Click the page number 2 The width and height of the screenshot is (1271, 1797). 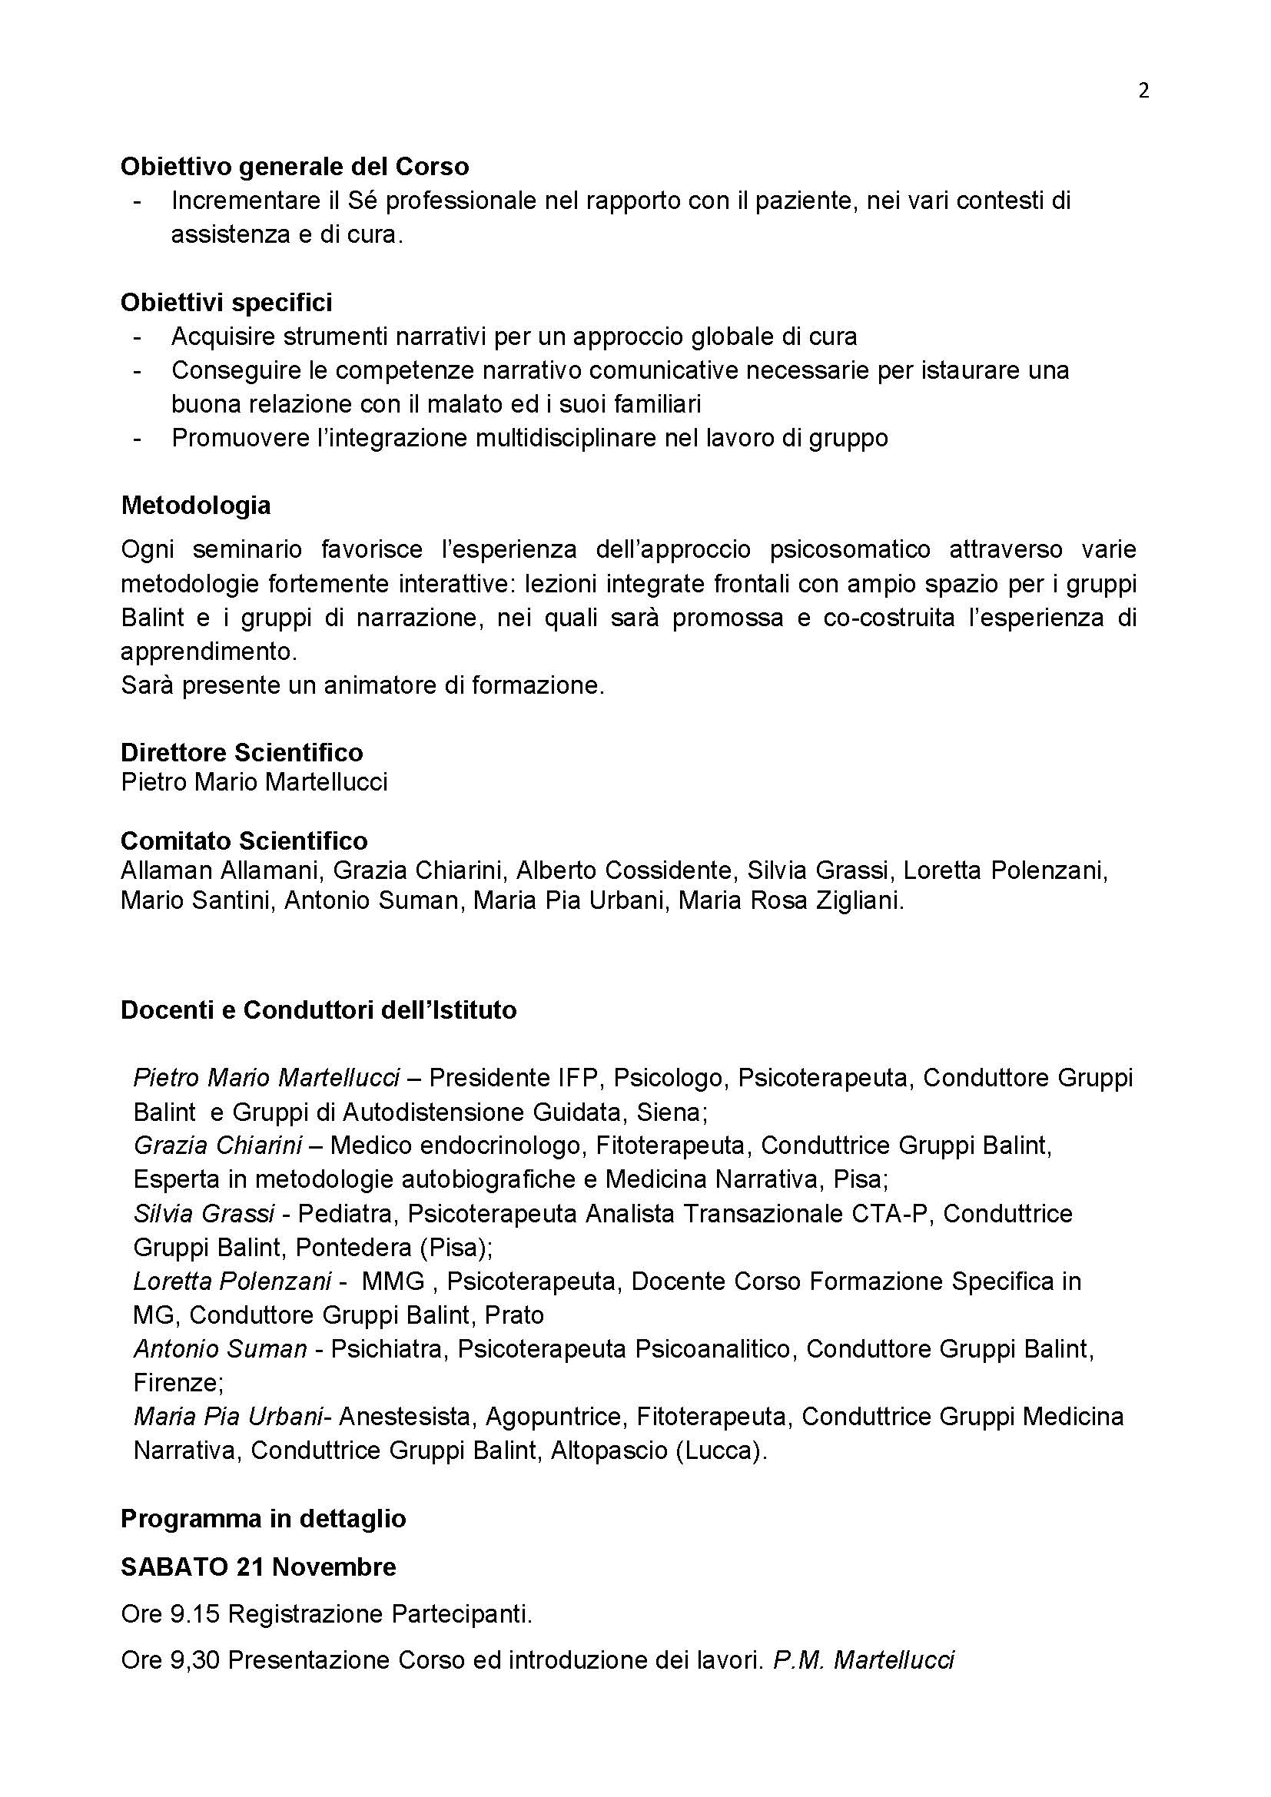(1143, 91)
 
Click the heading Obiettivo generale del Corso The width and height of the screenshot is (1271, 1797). (294, 167)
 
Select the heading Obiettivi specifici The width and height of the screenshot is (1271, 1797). (226, 302)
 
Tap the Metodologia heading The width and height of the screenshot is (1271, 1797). (196, 505)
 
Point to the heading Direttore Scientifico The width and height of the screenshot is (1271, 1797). (242, 752)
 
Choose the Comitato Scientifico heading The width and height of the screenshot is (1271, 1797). (244, 840)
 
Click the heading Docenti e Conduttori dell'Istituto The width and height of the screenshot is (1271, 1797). (319, 1010)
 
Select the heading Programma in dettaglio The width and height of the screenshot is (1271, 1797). (263, 1518)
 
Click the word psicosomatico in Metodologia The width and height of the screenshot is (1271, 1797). (850, 549)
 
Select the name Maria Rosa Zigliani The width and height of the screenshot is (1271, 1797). (791, 900)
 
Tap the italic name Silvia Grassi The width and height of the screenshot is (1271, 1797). (204, 1213)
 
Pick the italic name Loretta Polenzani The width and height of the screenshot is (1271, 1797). (232, 1281)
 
